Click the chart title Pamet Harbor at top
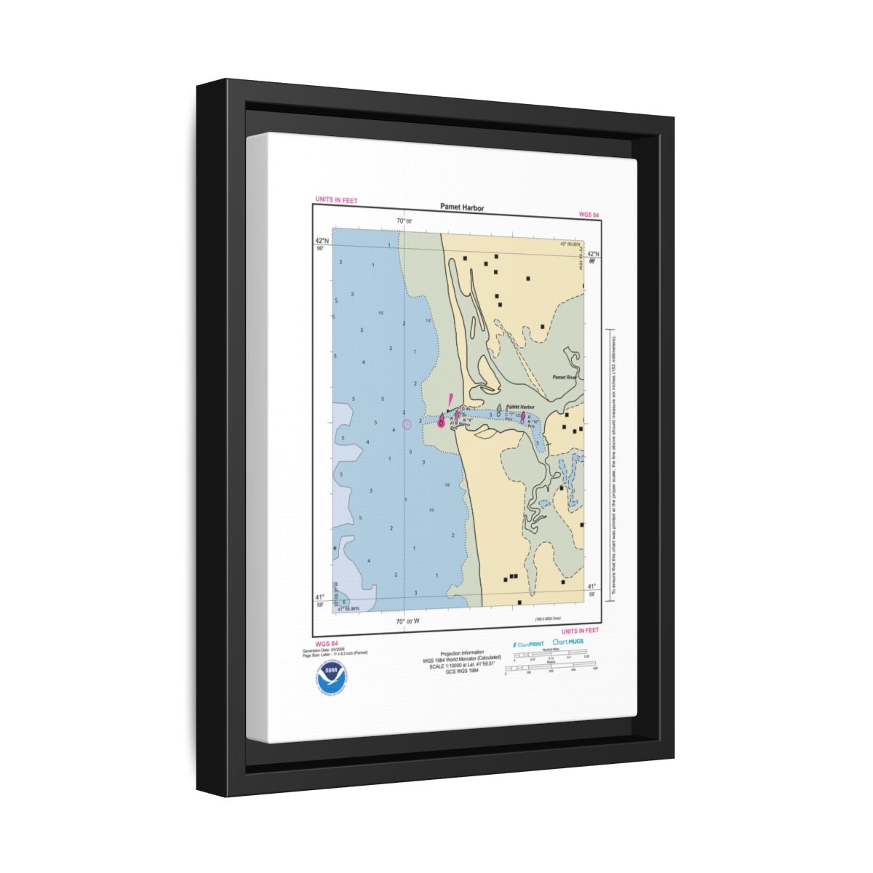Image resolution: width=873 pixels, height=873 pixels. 461,207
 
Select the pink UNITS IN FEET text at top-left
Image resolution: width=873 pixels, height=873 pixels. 335,200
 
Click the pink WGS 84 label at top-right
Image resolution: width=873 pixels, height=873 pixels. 589,215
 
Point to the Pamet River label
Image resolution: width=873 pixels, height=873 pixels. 564,378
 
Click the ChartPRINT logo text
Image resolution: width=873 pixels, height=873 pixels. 528,644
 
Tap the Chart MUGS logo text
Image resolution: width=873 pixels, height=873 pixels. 568,642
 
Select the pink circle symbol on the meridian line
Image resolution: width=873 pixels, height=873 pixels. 407,424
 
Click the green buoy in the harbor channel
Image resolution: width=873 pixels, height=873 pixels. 498,409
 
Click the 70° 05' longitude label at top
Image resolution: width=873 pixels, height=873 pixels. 404,221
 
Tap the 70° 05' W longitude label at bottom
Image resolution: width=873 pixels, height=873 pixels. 407,622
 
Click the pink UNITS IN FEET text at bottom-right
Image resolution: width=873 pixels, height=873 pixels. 581,631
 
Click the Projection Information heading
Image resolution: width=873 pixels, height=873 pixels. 462,653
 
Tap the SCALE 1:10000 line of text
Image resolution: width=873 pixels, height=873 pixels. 462,664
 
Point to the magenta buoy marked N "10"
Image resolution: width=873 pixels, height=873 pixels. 523,415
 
